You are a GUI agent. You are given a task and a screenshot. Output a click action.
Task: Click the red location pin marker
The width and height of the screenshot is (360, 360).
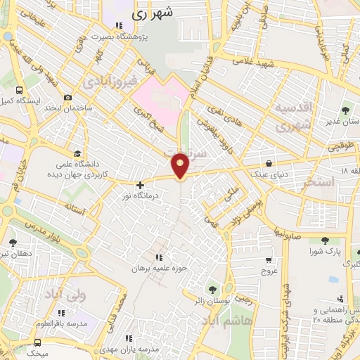pyautogui.click(x=181, y=165)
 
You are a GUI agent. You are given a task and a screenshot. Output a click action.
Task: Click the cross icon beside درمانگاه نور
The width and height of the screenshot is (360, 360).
pyautogui.click(x=140, y=184)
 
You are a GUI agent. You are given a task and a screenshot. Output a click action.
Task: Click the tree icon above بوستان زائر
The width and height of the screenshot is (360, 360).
pyautogui.click(x=212, y=288)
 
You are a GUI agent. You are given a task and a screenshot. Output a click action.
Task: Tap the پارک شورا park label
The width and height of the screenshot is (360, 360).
pyautogui.click(x=326, y=250)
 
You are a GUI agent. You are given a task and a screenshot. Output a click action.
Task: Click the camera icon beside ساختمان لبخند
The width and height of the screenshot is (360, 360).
pyautogui.click(x=67, y=98)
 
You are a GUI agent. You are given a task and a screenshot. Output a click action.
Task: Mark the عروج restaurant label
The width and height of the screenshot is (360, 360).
pyautogui.click(x=270, y=269)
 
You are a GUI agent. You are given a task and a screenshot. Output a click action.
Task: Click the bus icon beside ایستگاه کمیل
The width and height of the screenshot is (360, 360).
pyautogui.click(x=19, y=91)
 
